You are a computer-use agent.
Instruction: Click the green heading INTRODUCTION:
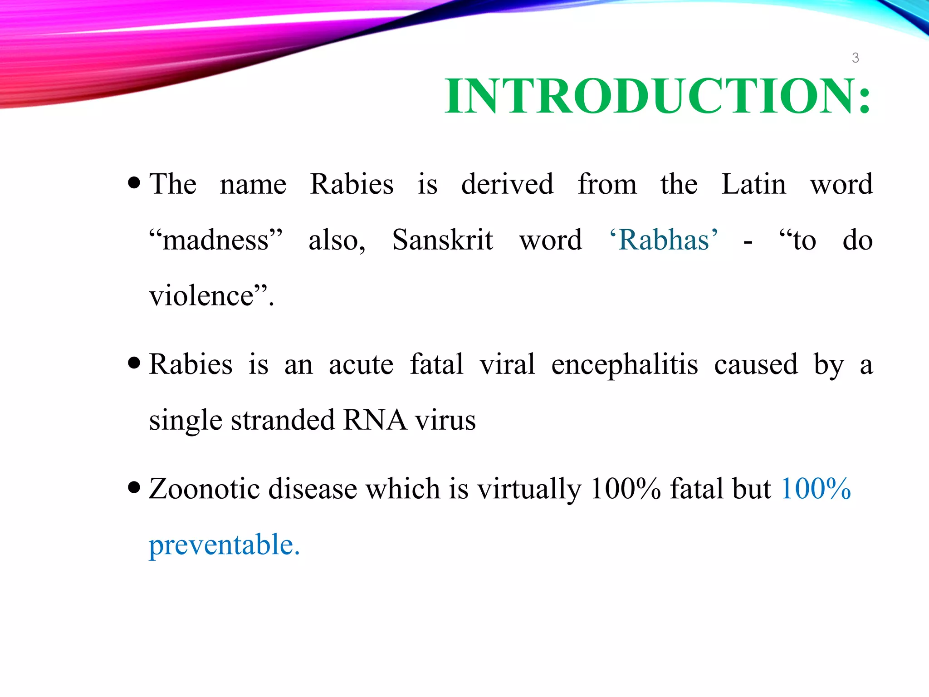click(x=657, y=96)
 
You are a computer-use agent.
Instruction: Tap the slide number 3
click(x=855, y=58)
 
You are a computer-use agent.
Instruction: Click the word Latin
click(x=753, y=184)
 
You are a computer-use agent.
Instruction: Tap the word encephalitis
click(x=624, y=364)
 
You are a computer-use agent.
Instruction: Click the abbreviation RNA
click(x=375, y=420)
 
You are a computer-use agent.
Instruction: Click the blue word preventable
click(x=224, y=545)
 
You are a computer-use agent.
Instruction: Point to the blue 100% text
click(x=816, y=489)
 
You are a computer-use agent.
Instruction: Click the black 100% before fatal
click(x=626, y=489)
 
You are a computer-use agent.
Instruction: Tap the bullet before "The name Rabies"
click(x=134, y=183)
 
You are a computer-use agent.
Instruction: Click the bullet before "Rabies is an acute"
click(x=134, y=363)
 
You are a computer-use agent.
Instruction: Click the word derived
click(x=507, y=184)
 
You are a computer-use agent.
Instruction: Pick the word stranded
click(x=283, y=420)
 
